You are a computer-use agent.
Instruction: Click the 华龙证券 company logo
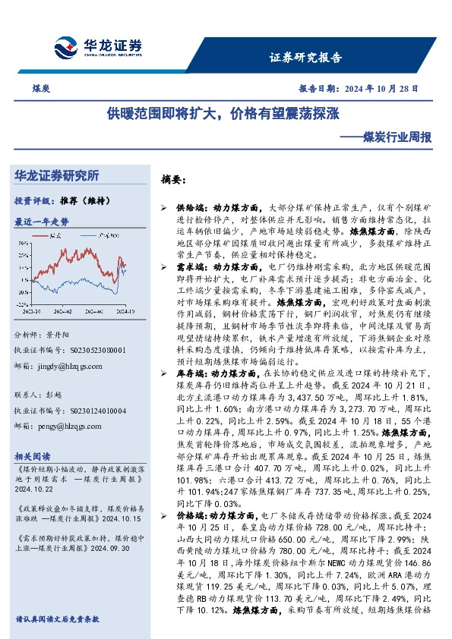pyautogui.click(x=98, y=47)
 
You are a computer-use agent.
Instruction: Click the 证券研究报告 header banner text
pyautogui.click(x=306, y=58)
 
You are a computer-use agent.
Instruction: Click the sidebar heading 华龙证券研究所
pyautogui.click(x=56, y=175)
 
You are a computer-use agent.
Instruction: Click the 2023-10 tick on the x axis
pyautogui.click(x=32, y=310)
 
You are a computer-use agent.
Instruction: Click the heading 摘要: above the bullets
pyautogui.click(x=174, y=180)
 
